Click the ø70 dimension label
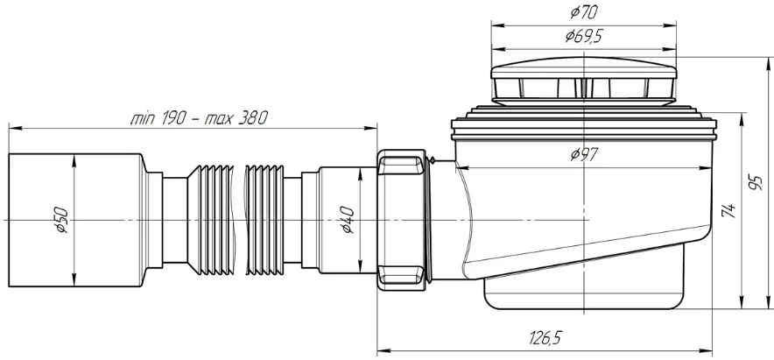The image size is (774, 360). [583, 12]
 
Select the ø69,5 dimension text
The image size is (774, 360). [584, 36]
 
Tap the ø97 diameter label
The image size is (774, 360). [584, 155]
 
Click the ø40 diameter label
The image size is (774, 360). [348, 220]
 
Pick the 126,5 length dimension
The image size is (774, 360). [546, 339]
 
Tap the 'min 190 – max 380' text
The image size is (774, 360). [199, 118]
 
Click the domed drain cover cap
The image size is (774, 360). [583, 81]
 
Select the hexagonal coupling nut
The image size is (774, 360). [401, 220]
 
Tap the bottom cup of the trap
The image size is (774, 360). [584, 293]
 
